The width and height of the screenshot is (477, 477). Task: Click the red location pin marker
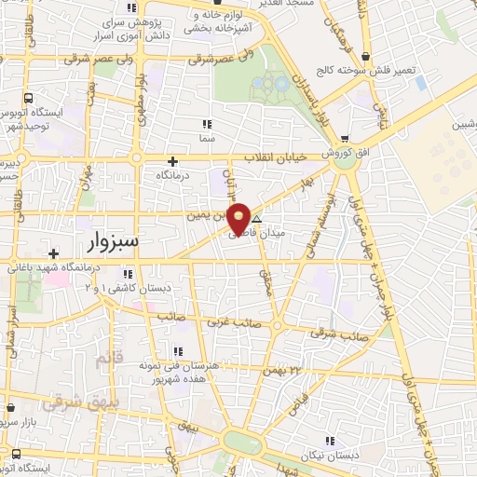click(239, 218)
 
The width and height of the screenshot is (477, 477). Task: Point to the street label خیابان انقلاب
click(276, 157)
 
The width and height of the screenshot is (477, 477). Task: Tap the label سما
click(207, 137)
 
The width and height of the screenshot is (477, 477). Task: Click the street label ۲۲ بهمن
click(284, 371)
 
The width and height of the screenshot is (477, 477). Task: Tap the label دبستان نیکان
click(327, 456)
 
